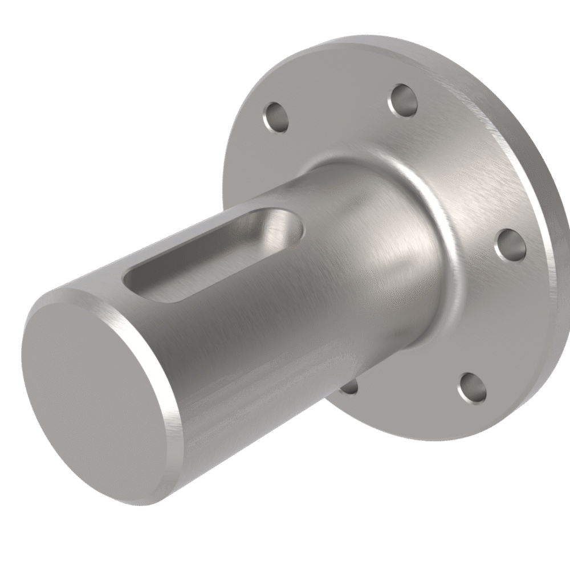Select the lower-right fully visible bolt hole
[x=473, y=388]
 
